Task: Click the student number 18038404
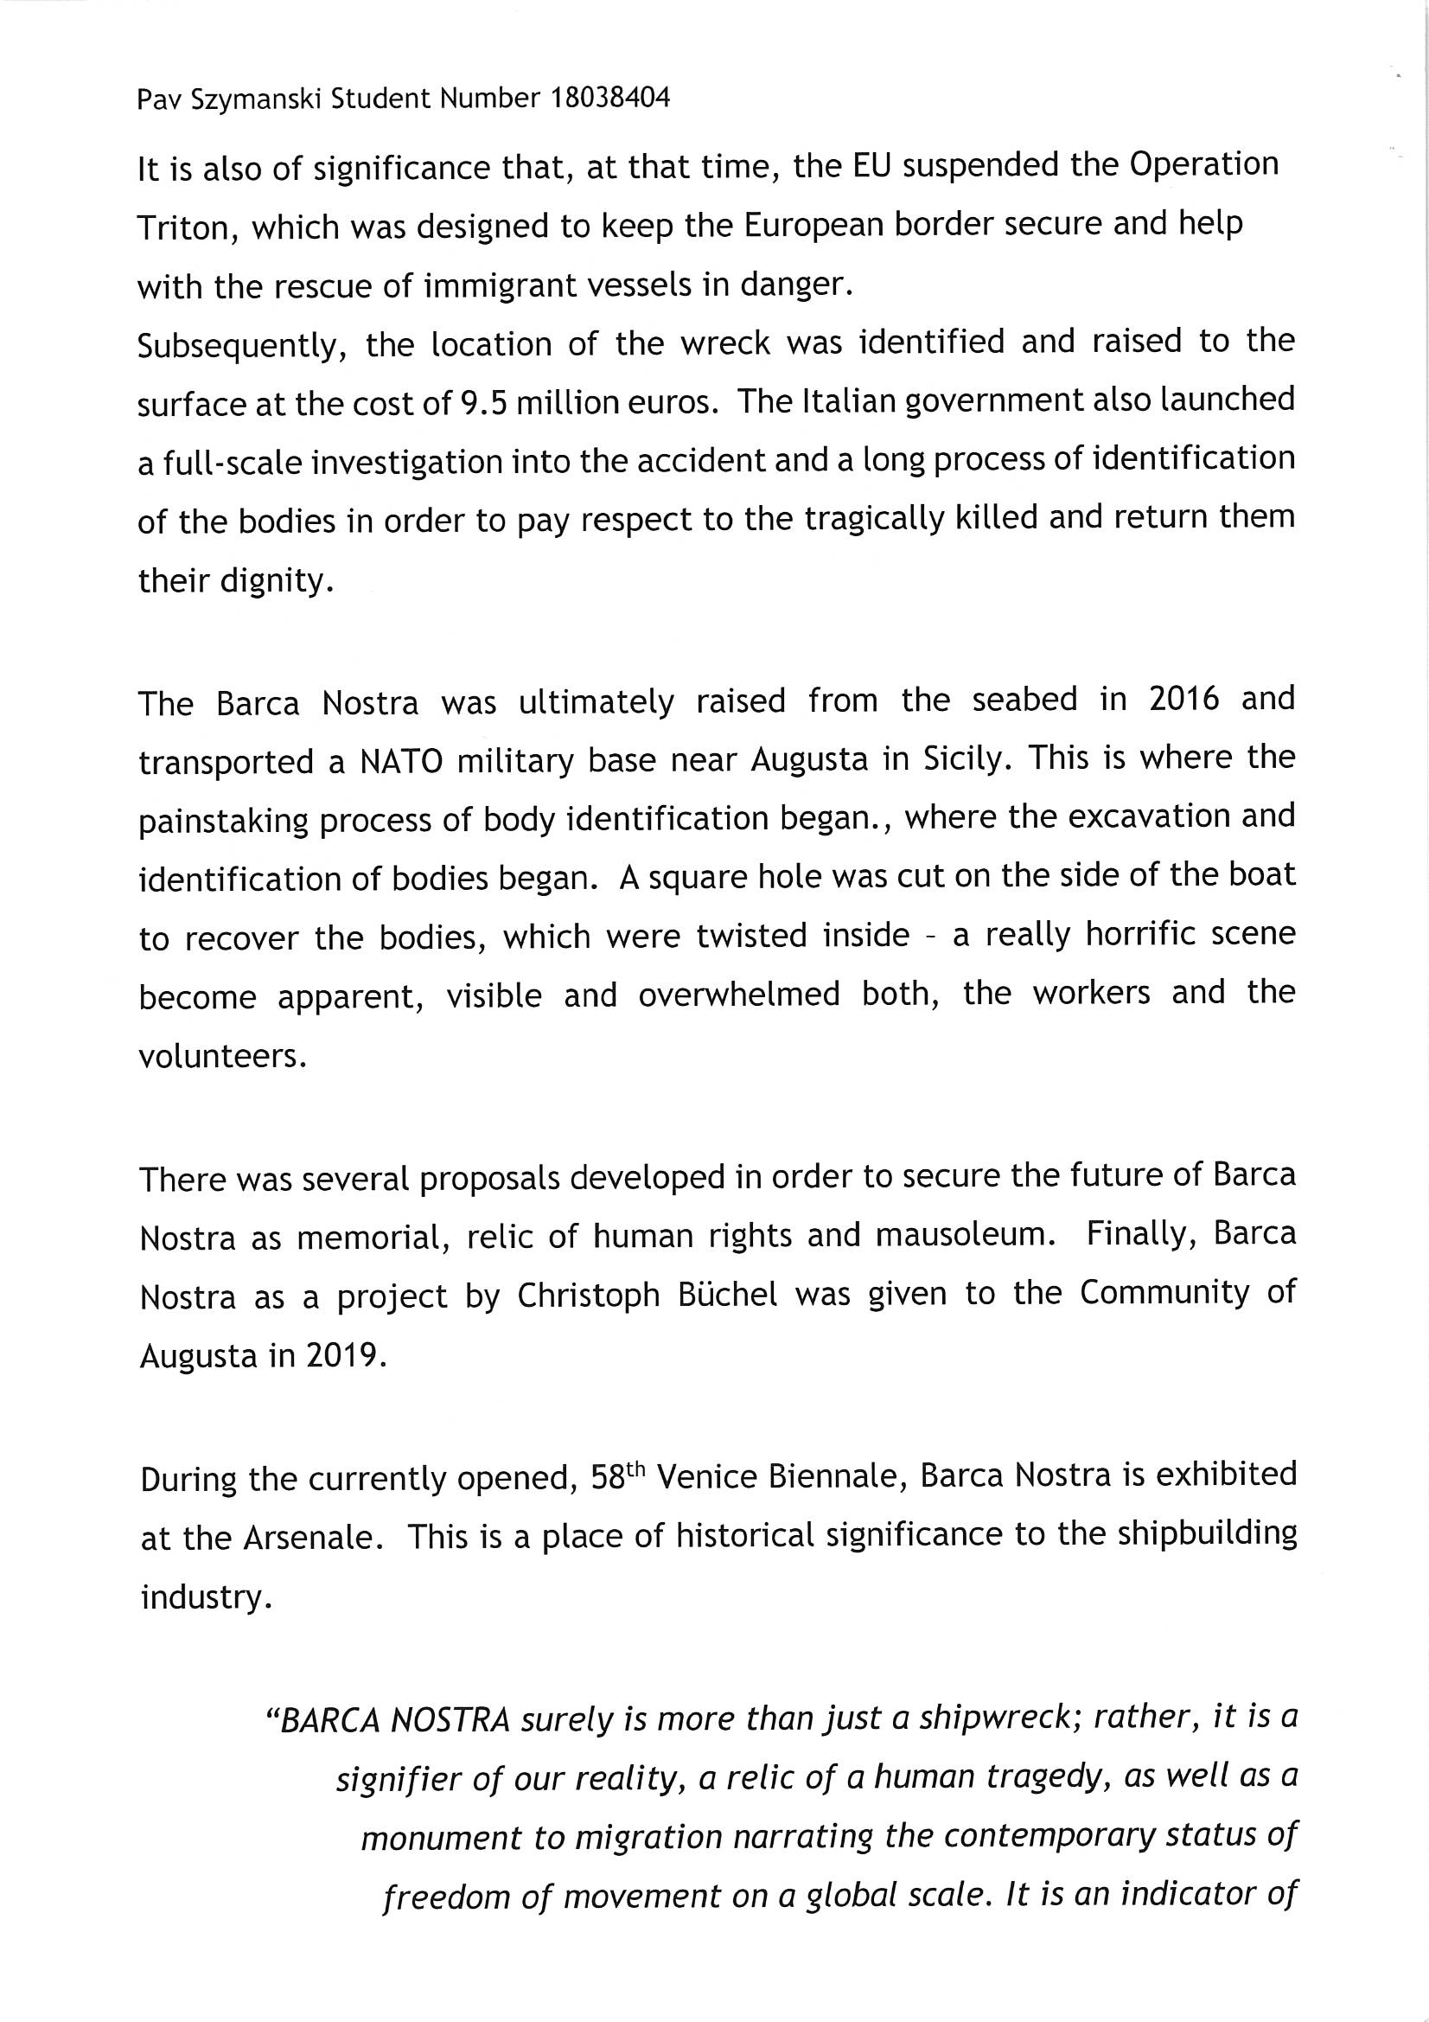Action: [609, 98]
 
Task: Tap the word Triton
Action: [182, 228]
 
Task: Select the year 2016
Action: [1184, 700]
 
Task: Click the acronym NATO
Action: [400, 761]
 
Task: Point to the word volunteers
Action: [223, 1056]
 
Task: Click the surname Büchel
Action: [721, 1295]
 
